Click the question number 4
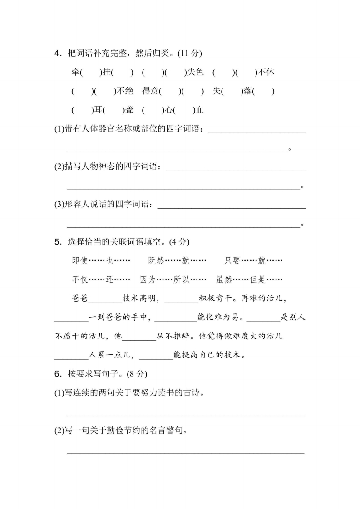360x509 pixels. pos(57,53)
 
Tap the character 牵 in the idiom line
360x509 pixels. pos(75,72)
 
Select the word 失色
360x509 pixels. pos(196,72)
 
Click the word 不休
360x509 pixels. pos(266,72)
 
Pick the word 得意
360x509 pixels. pos(150,91)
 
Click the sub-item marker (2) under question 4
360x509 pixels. pos(59,167)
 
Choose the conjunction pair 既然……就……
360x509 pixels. pos(177,260)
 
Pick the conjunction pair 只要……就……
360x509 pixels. pos(253,260)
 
